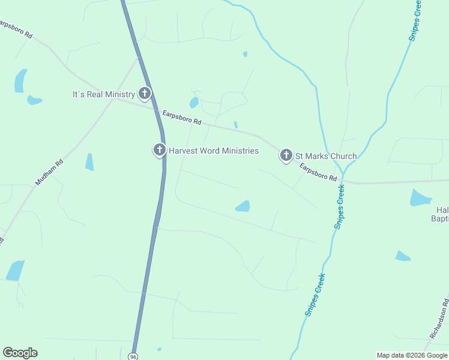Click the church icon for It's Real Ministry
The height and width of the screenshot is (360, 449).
tap(145, 93)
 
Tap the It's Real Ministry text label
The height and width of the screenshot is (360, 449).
tap(104, 95)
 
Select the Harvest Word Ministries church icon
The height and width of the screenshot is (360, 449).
tap(159, 149)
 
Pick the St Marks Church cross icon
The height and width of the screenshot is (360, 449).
tap(286, 155)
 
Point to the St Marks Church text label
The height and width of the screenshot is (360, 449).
tap(325, 157)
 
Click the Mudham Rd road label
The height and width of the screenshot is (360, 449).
tap(49, 172)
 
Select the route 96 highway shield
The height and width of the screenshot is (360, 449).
tap(133, 356)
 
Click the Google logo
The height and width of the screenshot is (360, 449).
tap(20, 353)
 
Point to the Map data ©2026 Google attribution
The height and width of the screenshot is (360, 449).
tap(411, 355)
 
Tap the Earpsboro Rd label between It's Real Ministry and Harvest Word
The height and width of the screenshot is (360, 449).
tap(181, 117)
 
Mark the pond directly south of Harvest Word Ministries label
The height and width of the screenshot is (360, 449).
tap(243, 206)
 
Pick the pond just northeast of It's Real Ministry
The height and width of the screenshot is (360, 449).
tap(194, 102)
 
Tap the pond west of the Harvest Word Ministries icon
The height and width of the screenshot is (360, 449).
tap(89, 161)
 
